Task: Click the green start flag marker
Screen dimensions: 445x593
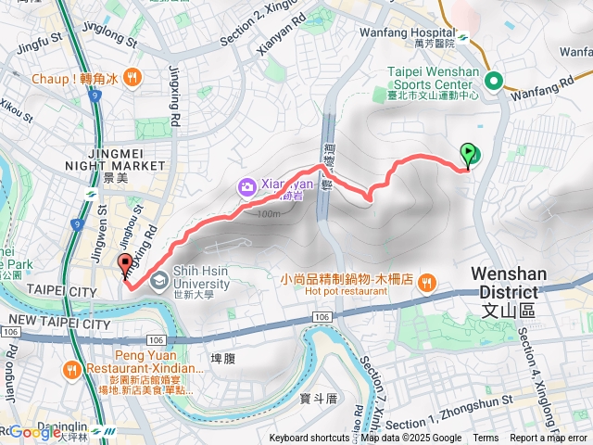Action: [x=468, y=155]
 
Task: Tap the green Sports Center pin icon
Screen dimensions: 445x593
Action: [x=497, y=81]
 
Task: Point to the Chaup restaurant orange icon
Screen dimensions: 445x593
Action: [x=133, y=79]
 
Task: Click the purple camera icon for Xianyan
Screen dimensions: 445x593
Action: [x=247, y=186]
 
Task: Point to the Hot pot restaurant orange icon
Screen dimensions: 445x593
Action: [x=426, y=283]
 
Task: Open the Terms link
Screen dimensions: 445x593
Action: [x=486, y=439]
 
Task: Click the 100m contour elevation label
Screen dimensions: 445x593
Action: [x=268, y=214]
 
